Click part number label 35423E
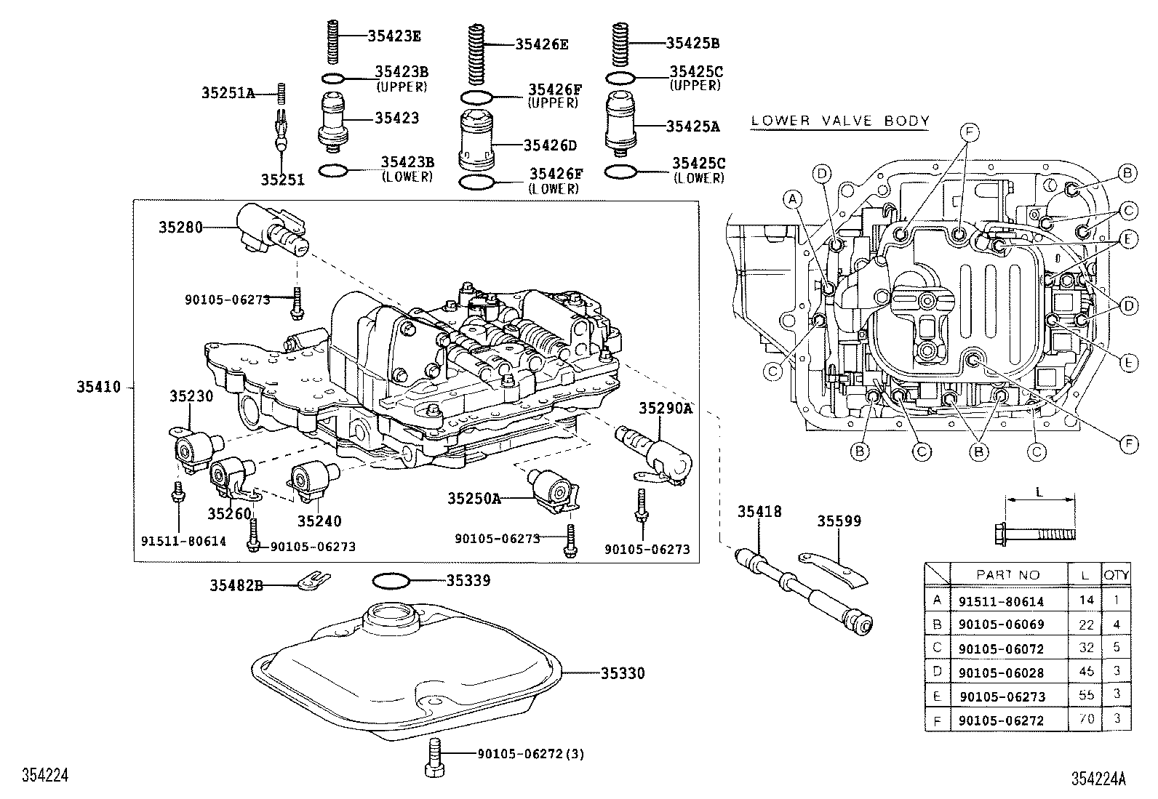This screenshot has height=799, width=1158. pos(394,35)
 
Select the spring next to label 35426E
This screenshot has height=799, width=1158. pos(476,55)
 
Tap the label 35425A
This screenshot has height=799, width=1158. pos(692,126)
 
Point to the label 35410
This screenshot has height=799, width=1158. pos(99,388)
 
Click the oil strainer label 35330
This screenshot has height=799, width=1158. pos(623,673)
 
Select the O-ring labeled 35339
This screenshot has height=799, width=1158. pos(391,581)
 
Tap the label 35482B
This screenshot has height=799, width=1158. pos(236,585)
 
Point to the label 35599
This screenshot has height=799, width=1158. pos(839,521)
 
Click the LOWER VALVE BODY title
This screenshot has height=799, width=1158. pos(840,121)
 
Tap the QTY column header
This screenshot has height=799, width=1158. pos(1117,574)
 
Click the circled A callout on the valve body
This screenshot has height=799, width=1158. pos(793,198)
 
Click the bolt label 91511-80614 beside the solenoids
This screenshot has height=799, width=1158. pos(184,542)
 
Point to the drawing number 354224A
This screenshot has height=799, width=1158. pos(1098,779)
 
